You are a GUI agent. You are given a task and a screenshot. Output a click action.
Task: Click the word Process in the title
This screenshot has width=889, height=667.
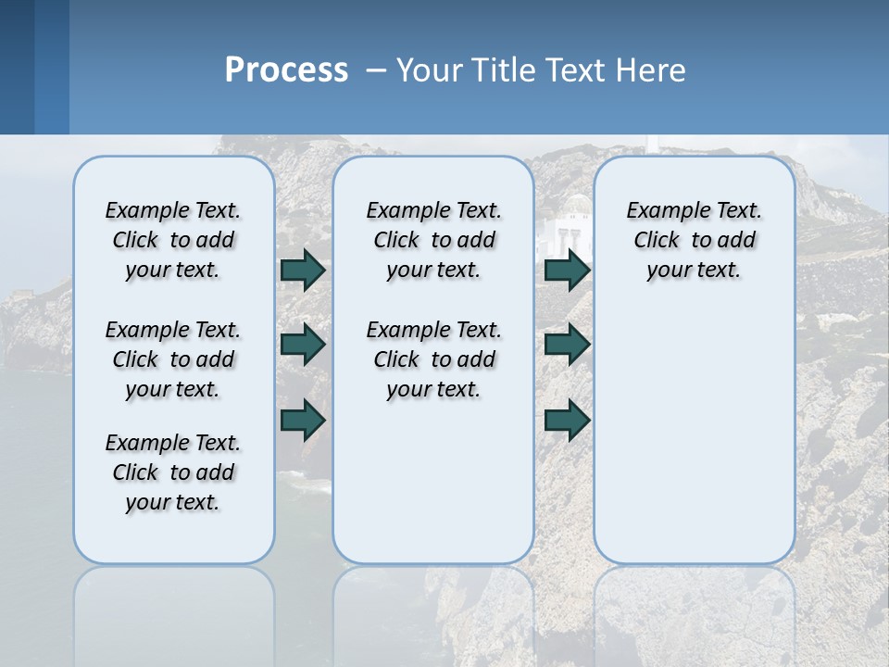coord(286,70)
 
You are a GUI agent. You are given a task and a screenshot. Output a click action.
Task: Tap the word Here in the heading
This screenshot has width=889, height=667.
coord(653,70)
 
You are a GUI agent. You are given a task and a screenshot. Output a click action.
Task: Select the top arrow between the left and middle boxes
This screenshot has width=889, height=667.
coord(303,271)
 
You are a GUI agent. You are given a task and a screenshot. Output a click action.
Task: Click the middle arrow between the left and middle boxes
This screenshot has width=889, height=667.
coord(303,346)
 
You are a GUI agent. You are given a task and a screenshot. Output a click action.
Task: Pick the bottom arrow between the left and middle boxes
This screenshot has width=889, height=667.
coord(303,420)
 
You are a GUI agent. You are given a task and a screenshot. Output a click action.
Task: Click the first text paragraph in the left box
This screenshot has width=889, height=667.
coord(173,240)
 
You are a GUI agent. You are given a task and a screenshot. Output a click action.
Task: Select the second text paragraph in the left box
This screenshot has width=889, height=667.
coord(173,359)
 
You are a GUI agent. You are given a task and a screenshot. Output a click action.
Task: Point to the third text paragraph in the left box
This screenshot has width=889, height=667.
coord(173,472)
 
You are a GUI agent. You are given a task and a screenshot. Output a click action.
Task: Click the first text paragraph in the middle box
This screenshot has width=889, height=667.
coord(434,240)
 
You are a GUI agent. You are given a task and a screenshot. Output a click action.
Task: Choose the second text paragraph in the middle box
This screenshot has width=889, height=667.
coord(434,359)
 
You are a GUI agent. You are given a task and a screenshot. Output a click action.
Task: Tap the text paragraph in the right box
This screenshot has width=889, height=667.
coord(695,240)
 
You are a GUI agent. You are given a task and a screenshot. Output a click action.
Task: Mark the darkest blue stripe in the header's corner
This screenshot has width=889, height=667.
coord(17,67)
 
